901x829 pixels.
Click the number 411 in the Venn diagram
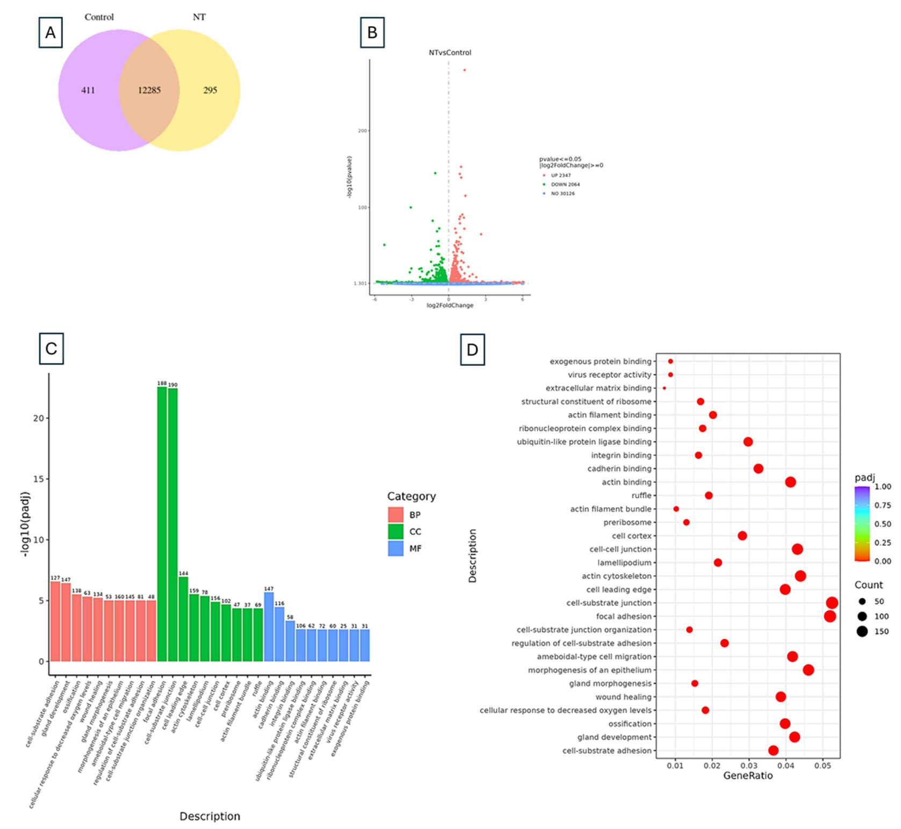tap(88, 90)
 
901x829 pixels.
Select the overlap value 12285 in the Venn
tap(149, 90)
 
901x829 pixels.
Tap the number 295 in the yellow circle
tap(210, 90)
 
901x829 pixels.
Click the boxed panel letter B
tap(372, 33)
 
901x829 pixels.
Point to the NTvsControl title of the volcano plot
tap(450, 53)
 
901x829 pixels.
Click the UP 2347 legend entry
tap(560, 175)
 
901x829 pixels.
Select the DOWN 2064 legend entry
tap(565, 184)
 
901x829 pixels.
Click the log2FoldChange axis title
tap(450, 306)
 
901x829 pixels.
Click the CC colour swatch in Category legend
tap(395, 531)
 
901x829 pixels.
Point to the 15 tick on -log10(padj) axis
tap(38, 479)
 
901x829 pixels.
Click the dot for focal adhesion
tap(830, 616)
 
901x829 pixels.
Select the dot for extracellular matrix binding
tap(665, 388)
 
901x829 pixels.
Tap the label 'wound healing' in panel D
tap(623, 697)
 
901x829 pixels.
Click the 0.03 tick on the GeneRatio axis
tap(749, 765)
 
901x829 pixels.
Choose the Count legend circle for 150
tap(862, 631)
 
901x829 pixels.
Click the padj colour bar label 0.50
tap(882, 524)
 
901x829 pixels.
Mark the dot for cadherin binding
tap(758, 468)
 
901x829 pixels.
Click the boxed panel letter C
tap(51, 349)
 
